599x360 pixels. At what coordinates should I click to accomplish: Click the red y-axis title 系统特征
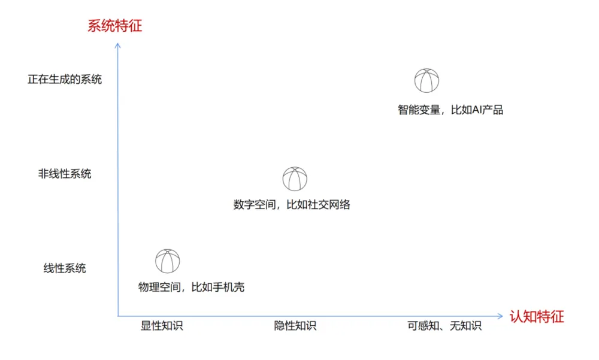click(114, 26)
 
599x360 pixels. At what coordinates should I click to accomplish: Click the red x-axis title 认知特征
click(537, 317)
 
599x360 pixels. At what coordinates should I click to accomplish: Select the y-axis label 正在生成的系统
click(65, 79)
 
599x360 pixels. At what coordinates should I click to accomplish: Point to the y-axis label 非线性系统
click(65, 174)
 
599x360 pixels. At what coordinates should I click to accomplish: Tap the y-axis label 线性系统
click(65, 268)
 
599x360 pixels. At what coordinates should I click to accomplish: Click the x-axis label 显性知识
click(162, 326)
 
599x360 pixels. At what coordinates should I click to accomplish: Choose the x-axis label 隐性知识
click(295, 326)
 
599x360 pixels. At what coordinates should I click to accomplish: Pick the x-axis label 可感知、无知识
click(444, 326)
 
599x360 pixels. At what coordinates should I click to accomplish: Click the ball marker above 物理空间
click(168, 261)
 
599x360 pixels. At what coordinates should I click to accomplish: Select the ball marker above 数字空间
click(295, 179)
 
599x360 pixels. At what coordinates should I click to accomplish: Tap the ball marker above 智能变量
click(426, 81)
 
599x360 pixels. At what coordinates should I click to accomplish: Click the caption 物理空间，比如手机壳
click(191, 288)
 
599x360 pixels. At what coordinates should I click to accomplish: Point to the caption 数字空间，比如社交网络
click(292, 205)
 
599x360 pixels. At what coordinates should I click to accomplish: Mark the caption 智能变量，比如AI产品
click(450, 110)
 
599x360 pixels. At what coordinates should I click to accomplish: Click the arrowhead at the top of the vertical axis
click(118, 45)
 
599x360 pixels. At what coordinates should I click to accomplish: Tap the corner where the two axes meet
click(118, 316)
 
